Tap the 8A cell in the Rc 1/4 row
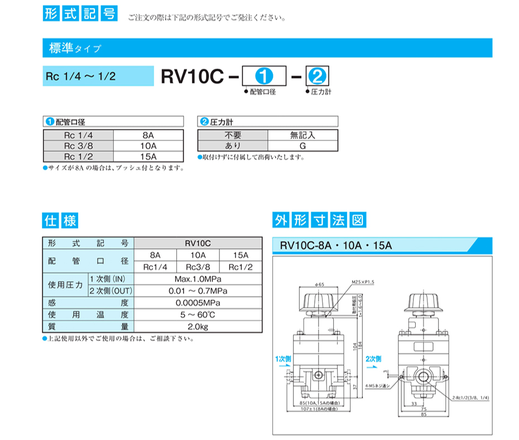pos(148,135)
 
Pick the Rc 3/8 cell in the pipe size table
pos(78,145)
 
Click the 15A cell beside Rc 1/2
pos(148,156)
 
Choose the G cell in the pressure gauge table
pos(302,145)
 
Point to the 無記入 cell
pos(302,135)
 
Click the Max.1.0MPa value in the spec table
pos(198,279)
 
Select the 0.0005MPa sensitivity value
pos(198,303)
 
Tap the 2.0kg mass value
pos(198,327)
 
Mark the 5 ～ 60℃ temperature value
pos(198,315)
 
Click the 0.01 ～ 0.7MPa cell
pos(198,290)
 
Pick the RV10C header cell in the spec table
pos(198,243)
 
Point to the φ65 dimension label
pos(319,284)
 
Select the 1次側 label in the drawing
pos(283,358)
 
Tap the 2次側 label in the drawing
pos(373,357)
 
